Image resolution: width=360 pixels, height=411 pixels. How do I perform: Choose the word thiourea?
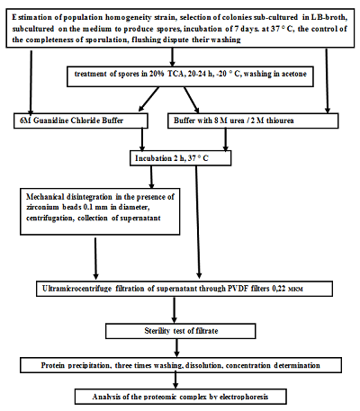(280, 121)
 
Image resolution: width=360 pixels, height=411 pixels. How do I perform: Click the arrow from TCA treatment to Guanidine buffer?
(148, 100)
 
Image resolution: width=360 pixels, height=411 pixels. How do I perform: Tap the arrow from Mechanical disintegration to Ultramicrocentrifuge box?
(95, 258)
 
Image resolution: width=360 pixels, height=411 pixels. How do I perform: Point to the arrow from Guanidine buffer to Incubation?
(142, 139)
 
